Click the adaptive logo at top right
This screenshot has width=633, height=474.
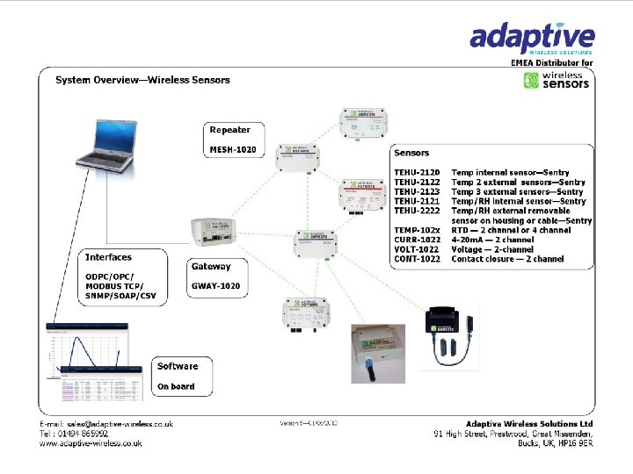pos(531,39)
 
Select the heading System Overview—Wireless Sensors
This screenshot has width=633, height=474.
pos(142,80)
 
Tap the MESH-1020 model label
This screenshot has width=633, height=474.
pos(232,150)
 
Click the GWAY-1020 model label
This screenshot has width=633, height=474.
pos(215,285)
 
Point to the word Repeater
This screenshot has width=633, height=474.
pos(229,130)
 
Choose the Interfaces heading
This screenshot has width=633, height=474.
pos(108,257)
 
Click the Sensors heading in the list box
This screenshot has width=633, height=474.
pos(411,153)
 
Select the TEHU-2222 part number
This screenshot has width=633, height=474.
pos(417,211)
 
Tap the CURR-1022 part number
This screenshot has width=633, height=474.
pos(417,240)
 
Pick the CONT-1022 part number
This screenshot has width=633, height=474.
pos(417,259)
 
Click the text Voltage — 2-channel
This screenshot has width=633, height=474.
pos(492,249)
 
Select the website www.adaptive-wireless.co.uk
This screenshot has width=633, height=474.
pos(91,443)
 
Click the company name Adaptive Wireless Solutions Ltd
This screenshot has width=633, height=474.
pos(529,424)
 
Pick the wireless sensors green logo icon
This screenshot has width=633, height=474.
pos(531,81)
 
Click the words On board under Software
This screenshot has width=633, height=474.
pos(176,386)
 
